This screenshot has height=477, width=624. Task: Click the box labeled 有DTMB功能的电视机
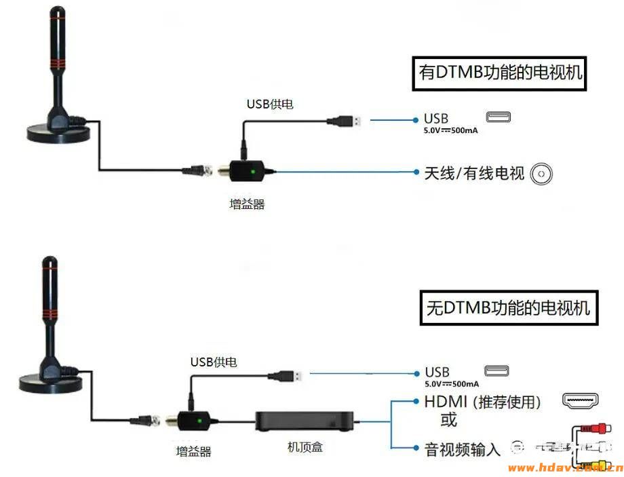click(x=501, y=73)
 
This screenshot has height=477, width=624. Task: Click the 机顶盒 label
click(x=305, y=446)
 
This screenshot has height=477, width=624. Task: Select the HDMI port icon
click(x=580, y=401)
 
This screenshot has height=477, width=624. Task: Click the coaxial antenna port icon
click(x=541, y=174)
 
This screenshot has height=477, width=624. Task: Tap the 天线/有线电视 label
click(x=474, y=174)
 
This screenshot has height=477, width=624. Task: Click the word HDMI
click(x=446, y=402)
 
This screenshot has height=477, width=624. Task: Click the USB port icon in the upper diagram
click(x=498, y=117)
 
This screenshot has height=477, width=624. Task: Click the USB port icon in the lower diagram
click(x=496, y=371)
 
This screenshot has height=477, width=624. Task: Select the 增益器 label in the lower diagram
click(x=193, y=451)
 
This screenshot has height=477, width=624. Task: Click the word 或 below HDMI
click(x=448, y=421)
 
